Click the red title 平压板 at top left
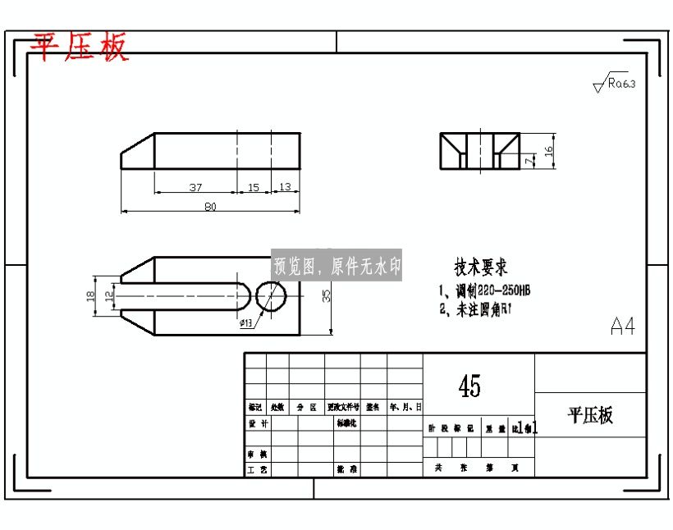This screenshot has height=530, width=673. [x=80, y=48]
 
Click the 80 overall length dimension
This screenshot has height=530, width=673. [x=210, y=207]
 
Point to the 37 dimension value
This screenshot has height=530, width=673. [x=195, y=188]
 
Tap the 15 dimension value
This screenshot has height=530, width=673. [x=254, y=188]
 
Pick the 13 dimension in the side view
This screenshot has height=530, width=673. [x=285, y=188]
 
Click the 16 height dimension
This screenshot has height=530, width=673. [x=550, y=150]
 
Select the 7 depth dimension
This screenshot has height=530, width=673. [x=529, y=162]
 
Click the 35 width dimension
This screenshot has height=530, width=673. [x=326, y=295]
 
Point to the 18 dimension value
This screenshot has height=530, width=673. [x=91, y=295]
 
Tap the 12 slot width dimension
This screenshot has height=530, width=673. [x=108, y=295]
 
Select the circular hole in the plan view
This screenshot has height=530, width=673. [x=271, y=295]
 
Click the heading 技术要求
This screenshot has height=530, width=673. [x=482, y=267]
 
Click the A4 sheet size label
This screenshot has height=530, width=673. [x=623, y=326]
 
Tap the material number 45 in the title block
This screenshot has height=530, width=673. [x=470, y=385]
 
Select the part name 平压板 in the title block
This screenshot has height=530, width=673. [x=590, y=415]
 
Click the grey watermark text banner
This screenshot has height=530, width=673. [x=336, y=266]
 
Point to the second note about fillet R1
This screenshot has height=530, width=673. [x=476, y=309]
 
